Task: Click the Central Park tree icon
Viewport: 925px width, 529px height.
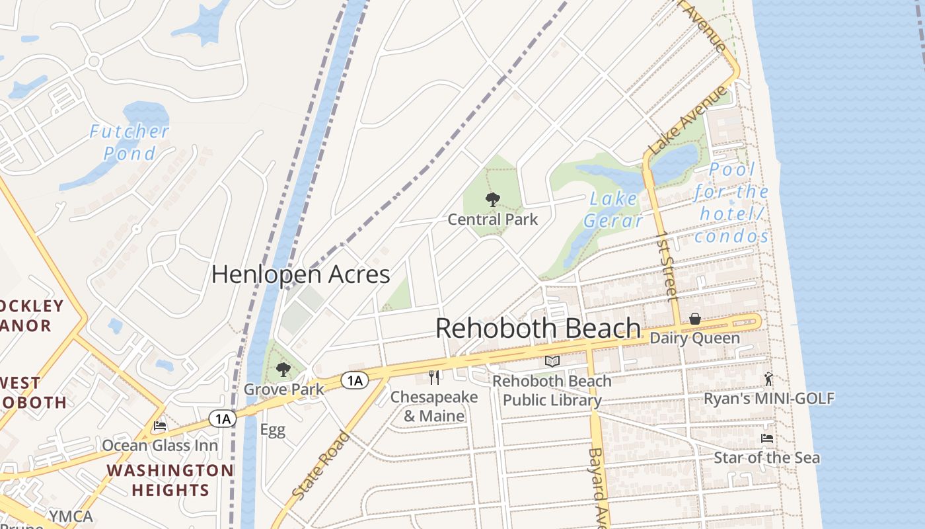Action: (492, 199)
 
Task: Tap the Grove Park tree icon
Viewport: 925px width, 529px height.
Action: (283, 369)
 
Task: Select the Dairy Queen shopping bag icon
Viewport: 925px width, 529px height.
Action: (695, 319)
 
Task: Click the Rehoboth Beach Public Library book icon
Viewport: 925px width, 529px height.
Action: (552, 362)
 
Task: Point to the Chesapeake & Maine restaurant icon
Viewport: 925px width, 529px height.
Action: (434, 378)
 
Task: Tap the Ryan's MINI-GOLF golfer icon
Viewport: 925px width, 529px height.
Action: (768, 379)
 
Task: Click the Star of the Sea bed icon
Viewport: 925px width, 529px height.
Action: (767, 438)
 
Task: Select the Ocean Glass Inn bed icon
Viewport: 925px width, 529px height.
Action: (159, 426)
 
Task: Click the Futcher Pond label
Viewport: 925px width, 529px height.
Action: (129, 142)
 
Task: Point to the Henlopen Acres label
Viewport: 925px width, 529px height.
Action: (301, 274)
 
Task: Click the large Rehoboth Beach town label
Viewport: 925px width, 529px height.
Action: (538, 329)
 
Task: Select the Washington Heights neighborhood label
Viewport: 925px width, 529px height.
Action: (170, 480)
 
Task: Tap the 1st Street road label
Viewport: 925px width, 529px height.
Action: (667, 264)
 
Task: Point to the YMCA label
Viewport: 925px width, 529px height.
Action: (71, 516)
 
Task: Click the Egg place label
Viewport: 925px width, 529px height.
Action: (272, 430)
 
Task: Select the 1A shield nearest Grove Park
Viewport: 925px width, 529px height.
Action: (355, 380)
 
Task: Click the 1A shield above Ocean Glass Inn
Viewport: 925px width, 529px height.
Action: (222, 419)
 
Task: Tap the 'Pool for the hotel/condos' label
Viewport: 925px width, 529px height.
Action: (732, 203)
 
